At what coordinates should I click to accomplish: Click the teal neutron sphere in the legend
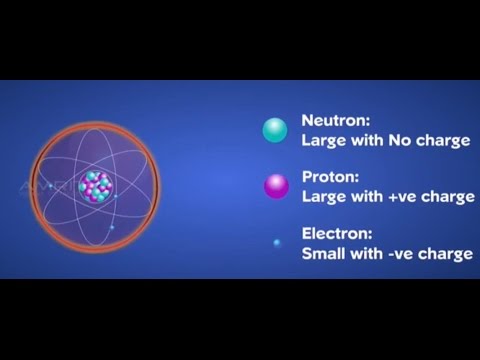point(273,130)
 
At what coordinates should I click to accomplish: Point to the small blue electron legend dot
point(275,242)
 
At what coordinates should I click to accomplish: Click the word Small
point(325,253)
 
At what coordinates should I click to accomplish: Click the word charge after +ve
point(449,197)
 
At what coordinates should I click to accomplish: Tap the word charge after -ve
point(447,253)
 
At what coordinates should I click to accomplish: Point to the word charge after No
point(446,141)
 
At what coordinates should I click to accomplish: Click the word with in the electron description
point(367,253)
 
